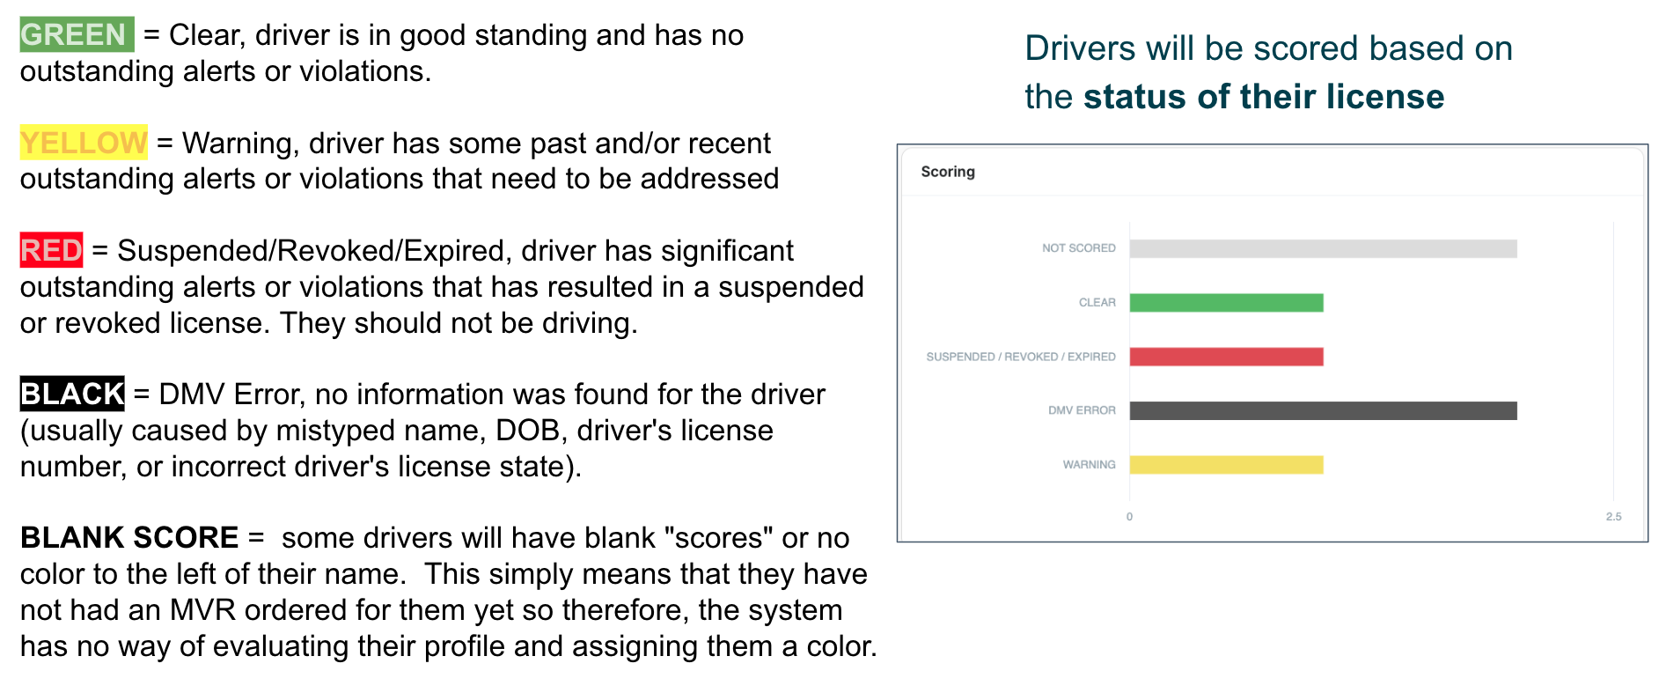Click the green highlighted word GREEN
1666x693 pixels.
77,34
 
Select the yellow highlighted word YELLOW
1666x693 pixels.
84,143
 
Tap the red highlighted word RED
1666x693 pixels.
52,250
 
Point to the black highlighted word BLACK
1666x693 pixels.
72,394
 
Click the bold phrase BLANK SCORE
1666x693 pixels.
129,537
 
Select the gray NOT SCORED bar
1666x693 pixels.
1323,249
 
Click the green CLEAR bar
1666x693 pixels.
1226,303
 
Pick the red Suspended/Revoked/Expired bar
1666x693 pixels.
1226,357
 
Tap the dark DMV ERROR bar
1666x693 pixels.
1323,410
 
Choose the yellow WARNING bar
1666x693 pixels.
1226,465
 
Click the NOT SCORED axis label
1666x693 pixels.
1078,248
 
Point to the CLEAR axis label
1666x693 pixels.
1097,303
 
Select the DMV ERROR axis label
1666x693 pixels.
1082,410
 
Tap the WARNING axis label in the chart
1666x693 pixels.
1089,465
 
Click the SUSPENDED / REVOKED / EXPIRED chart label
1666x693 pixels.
1021,357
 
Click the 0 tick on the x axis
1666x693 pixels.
1129,517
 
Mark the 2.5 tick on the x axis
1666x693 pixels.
1613,517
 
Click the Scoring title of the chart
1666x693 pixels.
948,172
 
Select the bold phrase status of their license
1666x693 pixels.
1264,97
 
